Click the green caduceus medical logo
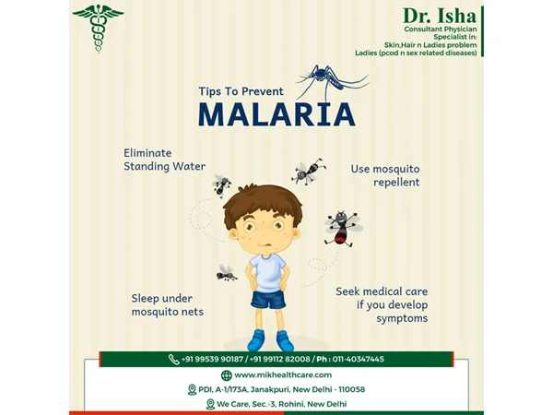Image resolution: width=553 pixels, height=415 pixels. [98, 28]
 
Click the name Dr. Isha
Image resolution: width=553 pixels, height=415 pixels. [440, 16]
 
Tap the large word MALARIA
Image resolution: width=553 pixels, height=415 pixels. [276, 114]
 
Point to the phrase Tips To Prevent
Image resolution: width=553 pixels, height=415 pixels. [241, 91]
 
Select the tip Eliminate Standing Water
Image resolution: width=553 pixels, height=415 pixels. [164, 160]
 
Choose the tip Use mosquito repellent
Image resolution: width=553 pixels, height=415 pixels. [385, 175]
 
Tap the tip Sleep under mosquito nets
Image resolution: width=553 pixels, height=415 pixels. [168, 305]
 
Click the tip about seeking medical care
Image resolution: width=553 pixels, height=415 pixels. [382, 305]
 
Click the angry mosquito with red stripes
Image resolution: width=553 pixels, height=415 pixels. [343, 229]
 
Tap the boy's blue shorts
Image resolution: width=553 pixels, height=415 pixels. [268, 300]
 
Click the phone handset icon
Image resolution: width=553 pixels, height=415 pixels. [173, 360]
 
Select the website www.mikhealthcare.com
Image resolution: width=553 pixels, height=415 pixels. [283, 374]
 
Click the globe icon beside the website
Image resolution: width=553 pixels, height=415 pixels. [227, 375]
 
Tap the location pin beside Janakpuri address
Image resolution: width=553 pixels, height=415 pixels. [192, 389]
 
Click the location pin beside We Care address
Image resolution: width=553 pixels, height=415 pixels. [210, 404]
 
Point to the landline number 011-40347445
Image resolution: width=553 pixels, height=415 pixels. [358, 360]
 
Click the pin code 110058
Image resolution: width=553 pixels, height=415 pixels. [352, 389]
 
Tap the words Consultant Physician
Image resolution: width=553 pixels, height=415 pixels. [441, 29]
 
